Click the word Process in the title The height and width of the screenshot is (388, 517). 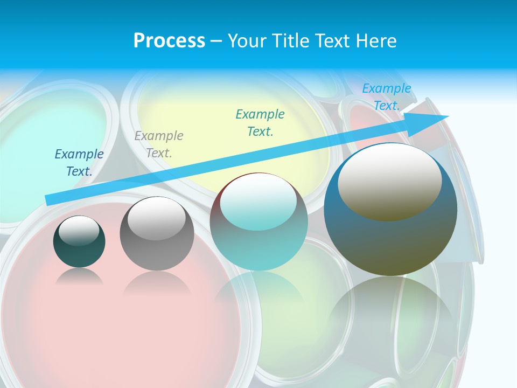click(x=169, y=41)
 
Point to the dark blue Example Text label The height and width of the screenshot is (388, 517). click(x=79, y=163)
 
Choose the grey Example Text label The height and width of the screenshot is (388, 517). click(x=159, y=144)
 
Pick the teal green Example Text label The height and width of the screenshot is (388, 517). click(x=260, y=123)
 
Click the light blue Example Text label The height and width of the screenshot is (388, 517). click(x=387, y=97)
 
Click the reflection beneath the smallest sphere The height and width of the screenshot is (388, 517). click(x=79, y=277)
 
